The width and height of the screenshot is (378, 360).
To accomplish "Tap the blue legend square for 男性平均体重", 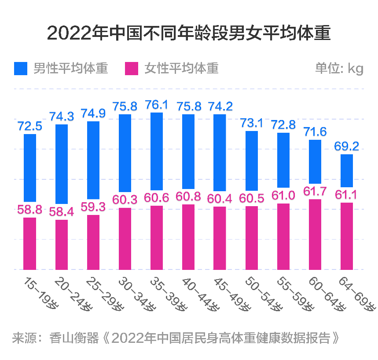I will [x=21, y=69].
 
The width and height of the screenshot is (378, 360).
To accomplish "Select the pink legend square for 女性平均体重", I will [x=132, y=69].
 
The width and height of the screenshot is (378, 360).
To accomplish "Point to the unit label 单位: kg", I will [x=339, y=69].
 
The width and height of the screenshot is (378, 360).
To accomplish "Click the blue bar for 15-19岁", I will [x=30, y=167].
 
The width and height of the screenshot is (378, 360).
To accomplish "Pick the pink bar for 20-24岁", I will [x=62, y=244].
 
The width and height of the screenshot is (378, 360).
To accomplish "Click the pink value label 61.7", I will [x=315, y=191].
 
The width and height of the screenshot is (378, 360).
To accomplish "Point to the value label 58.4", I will [x=62, y=212].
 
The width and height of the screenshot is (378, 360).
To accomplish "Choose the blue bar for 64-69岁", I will [x=347, y=171].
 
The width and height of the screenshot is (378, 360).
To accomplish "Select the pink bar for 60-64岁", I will [x=315, y=234].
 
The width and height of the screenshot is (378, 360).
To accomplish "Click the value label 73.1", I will [x=252, y=123].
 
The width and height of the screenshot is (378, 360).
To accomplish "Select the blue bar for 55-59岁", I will [x=283, y=160].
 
